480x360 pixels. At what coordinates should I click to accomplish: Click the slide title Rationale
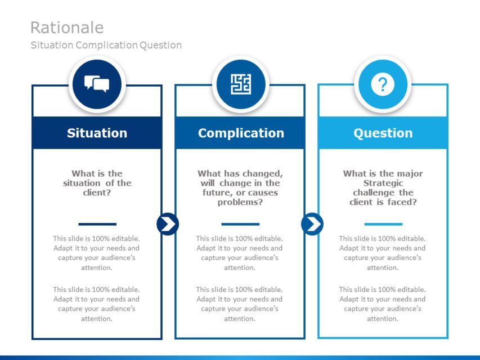66,28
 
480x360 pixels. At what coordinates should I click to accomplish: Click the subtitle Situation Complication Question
106,45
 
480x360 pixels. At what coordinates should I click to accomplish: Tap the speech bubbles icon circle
97,85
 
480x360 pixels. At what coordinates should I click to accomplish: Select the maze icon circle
240,85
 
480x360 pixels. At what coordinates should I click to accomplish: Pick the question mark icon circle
383,85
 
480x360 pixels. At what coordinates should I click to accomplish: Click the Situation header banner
97,133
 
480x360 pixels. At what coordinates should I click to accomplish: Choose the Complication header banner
240,133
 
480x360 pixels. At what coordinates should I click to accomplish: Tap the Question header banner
383,133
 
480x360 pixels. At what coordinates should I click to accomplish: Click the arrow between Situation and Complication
168,224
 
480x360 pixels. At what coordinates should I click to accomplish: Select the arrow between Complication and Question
312,224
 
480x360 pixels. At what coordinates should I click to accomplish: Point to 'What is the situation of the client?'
97,183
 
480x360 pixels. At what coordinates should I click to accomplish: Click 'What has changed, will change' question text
240,188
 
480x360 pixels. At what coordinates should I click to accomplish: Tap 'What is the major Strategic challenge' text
383,188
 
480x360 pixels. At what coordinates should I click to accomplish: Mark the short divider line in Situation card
97,224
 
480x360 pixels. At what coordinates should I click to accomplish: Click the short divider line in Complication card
240,224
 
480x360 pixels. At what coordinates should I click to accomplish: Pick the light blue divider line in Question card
383,224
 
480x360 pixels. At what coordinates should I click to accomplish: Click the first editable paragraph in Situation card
97,253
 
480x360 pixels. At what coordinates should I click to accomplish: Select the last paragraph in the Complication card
240,304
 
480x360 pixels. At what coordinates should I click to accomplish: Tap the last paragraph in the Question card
383,304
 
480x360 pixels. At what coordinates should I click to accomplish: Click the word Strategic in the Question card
383,183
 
